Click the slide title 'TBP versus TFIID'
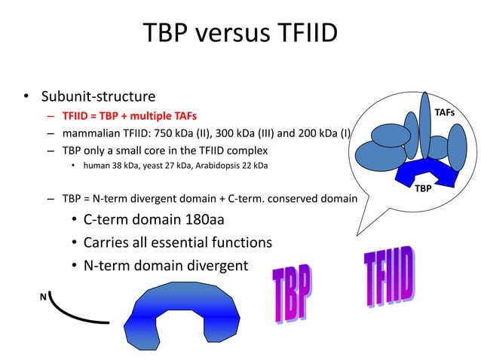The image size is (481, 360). pyautogui.click(x=240, y=34)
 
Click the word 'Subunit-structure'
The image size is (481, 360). pyautogui.click(x=98, y=97)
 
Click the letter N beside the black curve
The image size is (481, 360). pyautogui.click(x=43, y=297)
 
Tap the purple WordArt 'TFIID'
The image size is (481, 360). pyautogui.click(x=388, y=279)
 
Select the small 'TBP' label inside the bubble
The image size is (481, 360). pyautogui.click(x=424, y=188)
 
